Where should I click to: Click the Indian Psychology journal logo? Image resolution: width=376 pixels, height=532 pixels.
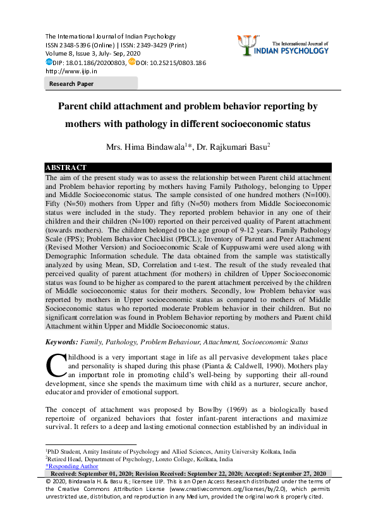(x=293, y=45)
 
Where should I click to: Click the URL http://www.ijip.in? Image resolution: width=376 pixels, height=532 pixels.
(x=68, y=71)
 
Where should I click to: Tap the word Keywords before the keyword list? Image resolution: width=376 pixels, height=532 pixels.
(x=61, y=342)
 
